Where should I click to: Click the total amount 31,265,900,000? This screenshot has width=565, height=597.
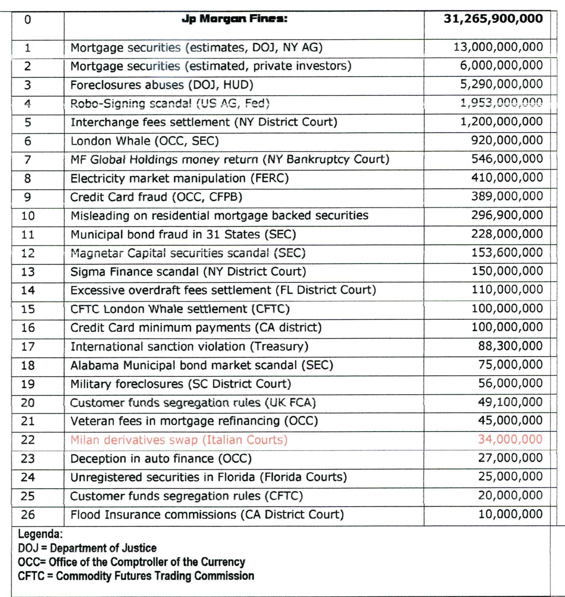(x=493, y=19)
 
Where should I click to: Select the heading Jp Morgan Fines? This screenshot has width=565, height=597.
(x=235, y=19)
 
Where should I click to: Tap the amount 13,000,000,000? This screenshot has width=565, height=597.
(x=498, y=47)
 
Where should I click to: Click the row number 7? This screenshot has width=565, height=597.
(x=27, y=159)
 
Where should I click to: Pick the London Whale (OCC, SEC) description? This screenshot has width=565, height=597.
(x=145, y=141)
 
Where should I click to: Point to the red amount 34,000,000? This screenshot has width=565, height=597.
(x=510, y=439)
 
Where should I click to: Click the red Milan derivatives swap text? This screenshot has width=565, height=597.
(x=179, y=440)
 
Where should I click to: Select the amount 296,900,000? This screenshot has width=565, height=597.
(x=507, y=215)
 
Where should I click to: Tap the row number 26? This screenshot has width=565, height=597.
(x=27, y=515)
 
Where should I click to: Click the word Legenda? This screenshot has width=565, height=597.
(x=40, y=534)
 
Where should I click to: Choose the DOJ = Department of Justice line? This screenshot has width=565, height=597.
(x=87, y=548)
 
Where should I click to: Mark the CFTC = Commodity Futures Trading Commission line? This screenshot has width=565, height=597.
(x=136, y=575)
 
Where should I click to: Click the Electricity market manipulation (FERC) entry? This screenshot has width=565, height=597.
(x=180, y=178)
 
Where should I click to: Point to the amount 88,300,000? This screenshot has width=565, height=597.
(x=510, y=346)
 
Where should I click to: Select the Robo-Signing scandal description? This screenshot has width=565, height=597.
(x=170, y=104)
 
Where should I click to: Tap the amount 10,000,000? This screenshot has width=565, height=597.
(x=510, y=514)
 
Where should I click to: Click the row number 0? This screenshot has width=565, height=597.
(x=27, y=20)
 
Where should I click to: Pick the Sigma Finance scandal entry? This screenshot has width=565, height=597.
(x=188, y=272)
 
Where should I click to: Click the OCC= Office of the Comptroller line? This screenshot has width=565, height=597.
(x=131, y=562)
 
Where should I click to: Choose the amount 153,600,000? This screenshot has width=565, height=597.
(x=507, y=252)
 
